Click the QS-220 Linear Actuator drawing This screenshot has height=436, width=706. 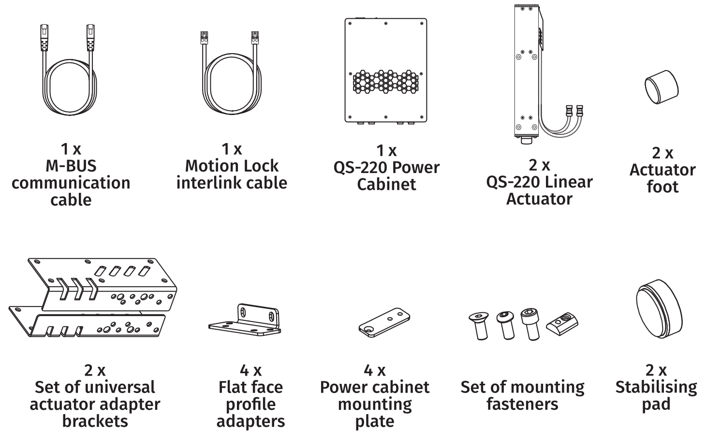(x=526, y=73)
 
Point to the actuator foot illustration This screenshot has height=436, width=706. (x=661, y=87)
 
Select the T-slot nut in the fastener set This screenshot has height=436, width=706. (x=562, y=322)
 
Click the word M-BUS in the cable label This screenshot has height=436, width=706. (x=71, y=166)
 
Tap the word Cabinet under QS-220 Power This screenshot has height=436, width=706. (x=386, y=185)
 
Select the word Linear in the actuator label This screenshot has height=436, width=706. (x=566, y=182)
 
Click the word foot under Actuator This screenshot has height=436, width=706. (x=662, y=187)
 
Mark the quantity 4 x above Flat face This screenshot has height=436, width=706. (x=250, y=371)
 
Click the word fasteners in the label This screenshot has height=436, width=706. (x=522, y=404)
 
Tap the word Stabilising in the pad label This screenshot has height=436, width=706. (x=656, y=388)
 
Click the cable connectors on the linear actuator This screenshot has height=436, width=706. (x=574, y=110)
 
